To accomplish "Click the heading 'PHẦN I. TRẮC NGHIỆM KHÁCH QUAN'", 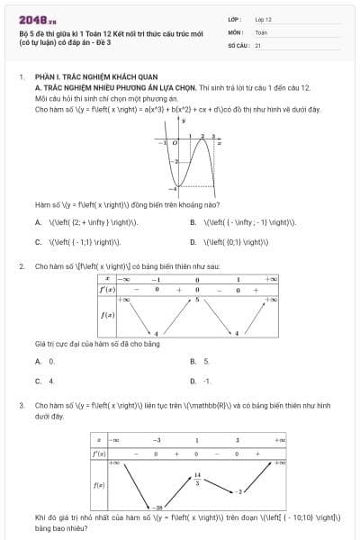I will [x=91, y=79].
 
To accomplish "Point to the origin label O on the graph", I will [x=175, y=142].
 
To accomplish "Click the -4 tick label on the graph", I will [x=175, y=194].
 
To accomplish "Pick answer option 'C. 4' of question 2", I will [x=39, y=381].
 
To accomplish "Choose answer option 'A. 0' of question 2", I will [x=39, y=361].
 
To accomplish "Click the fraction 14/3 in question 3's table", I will [x=196, y=478].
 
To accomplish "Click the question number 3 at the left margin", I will [x=21, y=406].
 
